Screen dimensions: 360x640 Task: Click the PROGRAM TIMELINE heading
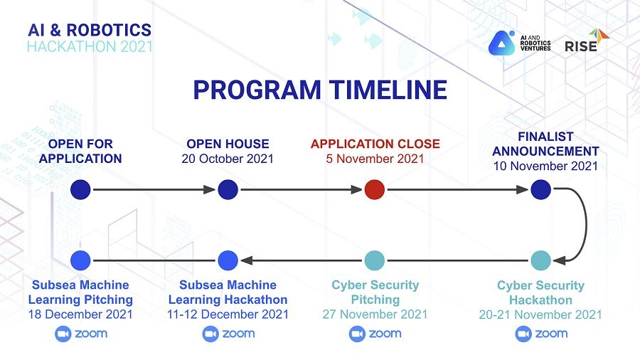320,90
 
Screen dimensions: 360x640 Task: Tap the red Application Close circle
374,189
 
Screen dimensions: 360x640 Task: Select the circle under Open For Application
81,189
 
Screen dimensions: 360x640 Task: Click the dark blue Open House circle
228,189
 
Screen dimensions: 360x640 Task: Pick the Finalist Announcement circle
540,189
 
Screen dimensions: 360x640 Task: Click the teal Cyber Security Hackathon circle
540,260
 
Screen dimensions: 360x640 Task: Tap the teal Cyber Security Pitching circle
374,260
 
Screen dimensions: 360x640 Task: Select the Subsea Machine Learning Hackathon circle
228,260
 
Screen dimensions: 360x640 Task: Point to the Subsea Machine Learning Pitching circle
81,260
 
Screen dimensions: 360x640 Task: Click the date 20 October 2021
228,159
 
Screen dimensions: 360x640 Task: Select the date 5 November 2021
375,159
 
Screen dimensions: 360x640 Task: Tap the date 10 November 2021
545,166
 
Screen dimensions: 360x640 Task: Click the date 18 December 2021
80,314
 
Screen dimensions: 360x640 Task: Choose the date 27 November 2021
375,314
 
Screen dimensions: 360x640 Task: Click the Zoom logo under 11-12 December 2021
228,334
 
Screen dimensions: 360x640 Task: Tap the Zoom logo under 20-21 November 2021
541,334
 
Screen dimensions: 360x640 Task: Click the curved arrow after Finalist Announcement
582,224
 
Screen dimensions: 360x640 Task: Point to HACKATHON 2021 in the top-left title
90,46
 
